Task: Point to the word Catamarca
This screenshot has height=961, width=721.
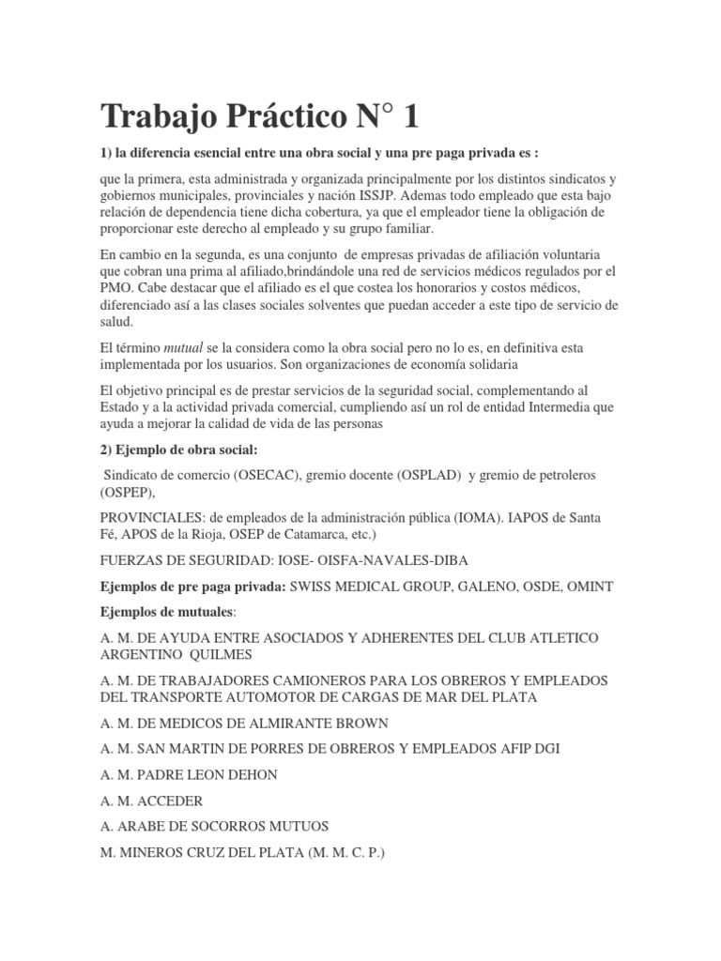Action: point(301,535)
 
